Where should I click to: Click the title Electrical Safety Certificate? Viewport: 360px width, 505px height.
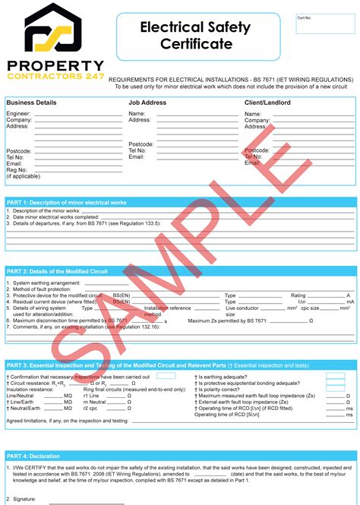[x=194, y=36]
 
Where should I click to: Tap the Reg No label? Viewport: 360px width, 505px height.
[x=17, y=169]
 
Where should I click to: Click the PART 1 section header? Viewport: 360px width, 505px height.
[x=67, y=203]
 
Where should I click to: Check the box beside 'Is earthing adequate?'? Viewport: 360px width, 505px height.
[x=335, y=376]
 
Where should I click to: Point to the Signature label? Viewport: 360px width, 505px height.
[x=23, y=499]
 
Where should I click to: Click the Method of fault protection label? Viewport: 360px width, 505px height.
[x=40, y=289]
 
